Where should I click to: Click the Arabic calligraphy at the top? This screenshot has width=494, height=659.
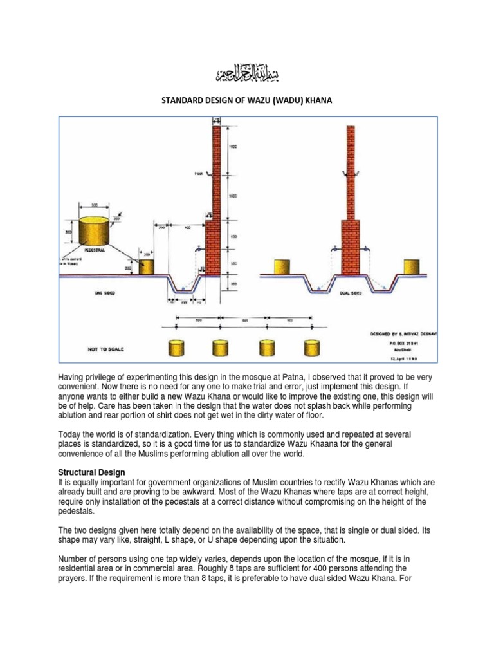point(247,77)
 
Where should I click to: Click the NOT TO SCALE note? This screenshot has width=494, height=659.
point(105,349)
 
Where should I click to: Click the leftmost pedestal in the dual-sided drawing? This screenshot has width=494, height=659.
point(281,267)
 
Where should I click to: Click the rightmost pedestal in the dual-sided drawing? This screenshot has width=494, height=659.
point(412,267)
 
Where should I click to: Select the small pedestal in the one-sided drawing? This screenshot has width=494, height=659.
point(147,266)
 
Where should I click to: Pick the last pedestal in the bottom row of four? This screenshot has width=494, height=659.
point(310,348)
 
